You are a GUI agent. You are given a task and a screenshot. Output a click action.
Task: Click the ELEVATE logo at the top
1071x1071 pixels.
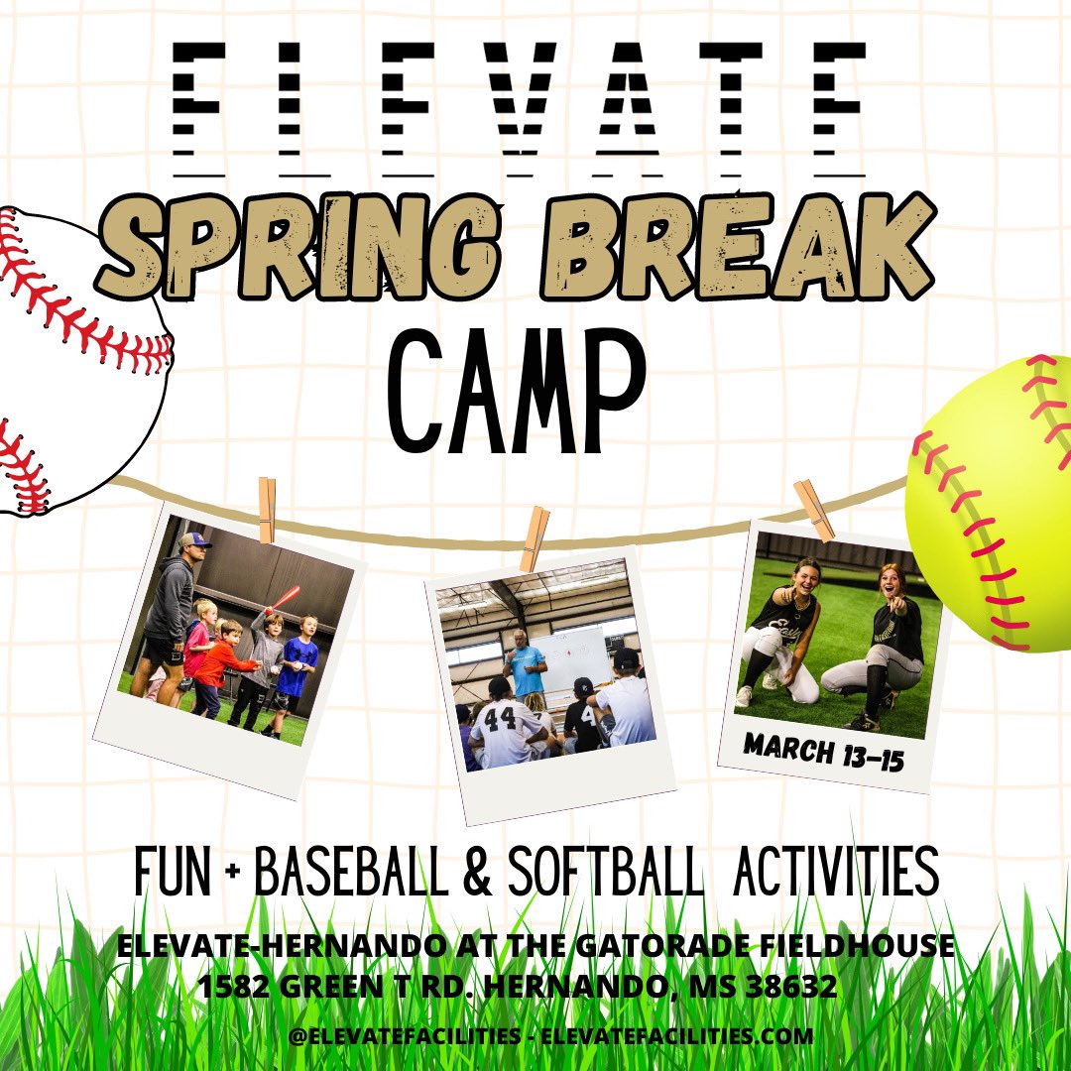click(520, 99)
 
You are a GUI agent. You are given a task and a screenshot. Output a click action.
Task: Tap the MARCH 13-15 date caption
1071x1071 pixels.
click(823, 752)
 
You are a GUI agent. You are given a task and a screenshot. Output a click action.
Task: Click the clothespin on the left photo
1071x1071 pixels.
click(267, 510)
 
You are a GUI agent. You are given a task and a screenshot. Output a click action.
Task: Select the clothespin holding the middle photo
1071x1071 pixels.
click(535, 538)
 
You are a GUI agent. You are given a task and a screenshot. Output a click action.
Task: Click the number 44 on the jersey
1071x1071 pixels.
click(501, 717)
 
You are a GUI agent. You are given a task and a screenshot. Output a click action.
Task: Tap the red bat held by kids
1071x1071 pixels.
click(285, 599)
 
